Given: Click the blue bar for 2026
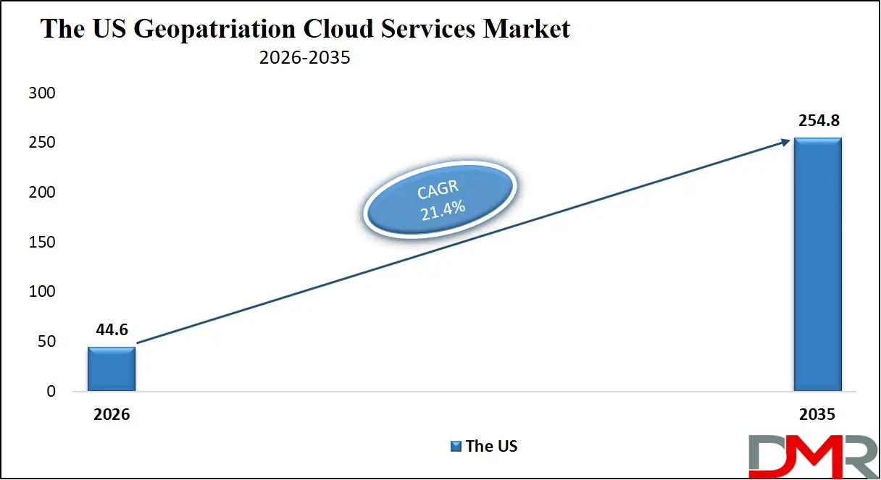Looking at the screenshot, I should point(111,369).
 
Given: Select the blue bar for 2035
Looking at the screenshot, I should point(817,264).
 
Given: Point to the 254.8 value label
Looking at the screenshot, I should point(817,121).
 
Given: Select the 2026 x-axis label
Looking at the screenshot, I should point(111,416).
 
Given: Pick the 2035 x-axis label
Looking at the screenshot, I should point(817,416).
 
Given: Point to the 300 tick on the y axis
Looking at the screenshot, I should point(41,93).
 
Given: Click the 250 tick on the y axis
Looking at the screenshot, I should point(41,143).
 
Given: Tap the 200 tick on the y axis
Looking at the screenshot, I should point(41,193).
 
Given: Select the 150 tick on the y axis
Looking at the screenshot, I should point(41,243).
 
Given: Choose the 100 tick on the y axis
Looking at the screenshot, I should point(41,292).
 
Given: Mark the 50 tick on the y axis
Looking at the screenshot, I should point(46,342).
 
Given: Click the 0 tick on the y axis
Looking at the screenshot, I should point(50,391).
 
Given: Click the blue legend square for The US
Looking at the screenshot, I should point(456,447).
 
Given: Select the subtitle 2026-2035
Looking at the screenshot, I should point(304,58).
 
